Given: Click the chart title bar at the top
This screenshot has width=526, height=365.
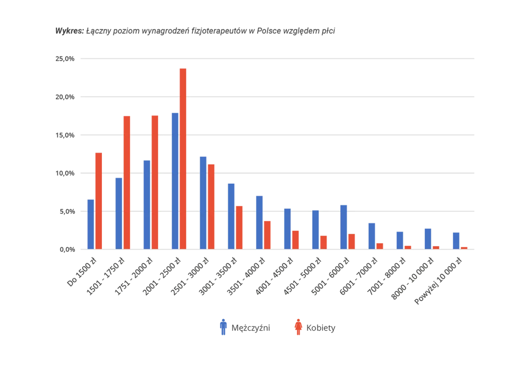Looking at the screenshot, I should pos(194,31).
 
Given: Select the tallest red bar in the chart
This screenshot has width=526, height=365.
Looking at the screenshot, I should pos(182,158).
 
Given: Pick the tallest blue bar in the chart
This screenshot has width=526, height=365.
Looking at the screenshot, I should pos(175,180).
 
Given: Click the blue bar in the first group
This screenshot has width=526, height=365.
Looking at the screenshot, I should pos(90,224).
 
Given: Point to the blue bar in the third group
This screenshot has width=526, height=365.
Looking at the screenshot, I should pos(146,203).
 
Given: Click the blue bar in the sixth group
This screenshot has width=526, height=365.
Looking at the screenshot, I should pos(231,215).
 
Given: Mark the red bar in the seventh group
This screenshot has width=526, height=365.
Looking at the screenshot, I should pos(268,235).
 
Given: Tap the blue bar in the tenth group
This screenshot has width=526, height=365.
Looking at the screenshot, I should pos(344,226).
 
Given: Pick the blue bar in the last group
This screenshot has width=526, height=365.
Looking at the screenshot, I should pos(456,240).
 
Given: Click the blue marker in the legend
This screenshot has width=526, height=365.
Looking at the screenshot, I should pos(223,327).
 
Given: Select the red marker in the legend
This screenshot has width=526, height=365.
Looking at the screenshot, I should pos(298,327).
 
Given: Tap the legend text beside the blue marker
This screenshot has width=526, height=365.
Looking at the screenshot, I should pos(251,328).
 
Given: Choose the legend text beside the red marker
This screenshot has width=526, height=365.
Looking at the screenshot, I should pos(321,328).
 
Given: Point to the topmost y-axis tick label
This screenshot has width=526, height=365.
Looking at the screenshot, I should pos(64,59).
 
